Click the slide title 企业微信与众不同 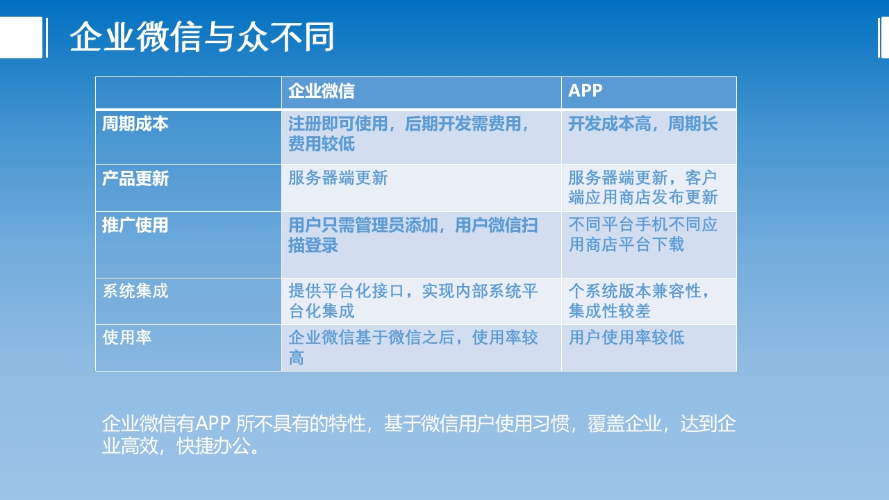[x=201, y=37]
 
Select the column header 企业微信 [x=322, y=91]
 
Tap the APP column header [x=585, y=91]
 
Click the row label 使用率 [x=127, y=337]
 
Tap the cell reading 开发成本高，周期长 [x=643, y=124]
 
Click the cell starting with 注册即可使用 [x=410, y=134]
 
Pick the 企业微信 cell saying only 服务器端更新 [x=338, y=178]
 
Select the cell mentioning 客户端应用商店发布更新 [x=643, y=187]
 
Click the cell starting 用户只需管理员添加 [x=413, y=235]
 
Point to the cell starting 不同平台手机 [x=643, y=235]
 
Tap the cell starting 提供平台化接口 [x=413, y=301]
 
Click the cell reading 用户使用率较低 [x=626, y=337]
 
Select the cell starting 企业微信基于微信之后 [x=413, y=347]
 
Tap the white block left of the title [x=21, y=37]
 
